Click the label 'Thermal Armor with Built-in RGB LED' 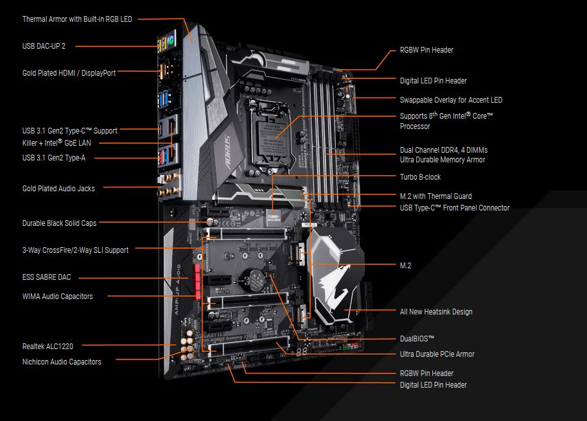click(77, 19)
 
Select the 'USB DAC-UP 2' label click(44, 46)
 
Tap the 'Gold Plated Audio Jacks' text click(58, 189)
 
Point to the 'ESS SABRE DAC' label click(46, 277)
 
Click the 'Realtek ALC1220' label click(48, 347)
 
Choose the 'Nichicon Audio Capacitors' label click(62, 362)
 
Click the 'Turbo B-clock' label click(420, 177)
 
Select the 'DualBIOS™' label click(417, 338)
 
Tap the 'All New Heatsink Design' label click(436, 312)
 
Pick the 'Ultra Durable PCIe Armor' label click(437, 354)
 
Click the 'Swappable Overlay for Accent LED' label click(451, 100)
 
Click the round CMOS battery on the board click(258, 280)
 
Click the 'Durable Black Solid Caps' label click(59, 223)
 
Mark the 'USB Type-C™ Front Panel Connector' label click(455, 208)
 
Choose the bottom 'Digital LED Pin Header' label click(434, 385)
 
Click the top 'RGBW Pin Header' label click(426, 50)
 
